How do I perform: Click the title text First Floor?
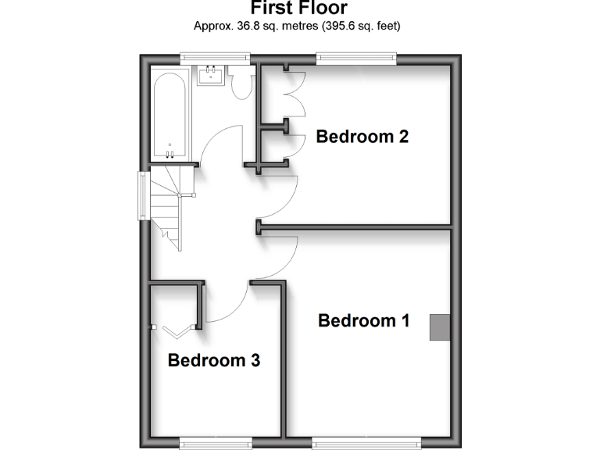click(299, 9)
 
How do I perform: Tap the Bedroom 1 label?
click(363, 320)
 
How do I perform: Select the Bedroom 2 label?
click(362, 137)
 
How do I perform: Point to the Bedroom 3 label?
click(213, 360)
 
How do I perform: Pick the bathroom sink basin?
click(211, 77)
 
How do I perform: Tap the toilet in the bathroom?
click(242, 83)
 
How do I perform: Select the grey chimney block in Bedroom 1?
click(440, 327)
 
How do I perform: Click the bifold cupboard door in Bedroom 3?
click(176, 330)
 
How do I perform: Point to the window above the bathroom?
click(214, 56)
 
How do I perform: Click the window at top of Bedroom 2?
click(355, 56)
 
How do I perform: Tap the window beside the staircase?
click(143, 195)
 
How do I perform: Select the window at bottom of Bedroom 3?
click(214, 443)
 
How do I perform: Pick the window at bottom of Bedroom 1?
click(366, 443)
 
